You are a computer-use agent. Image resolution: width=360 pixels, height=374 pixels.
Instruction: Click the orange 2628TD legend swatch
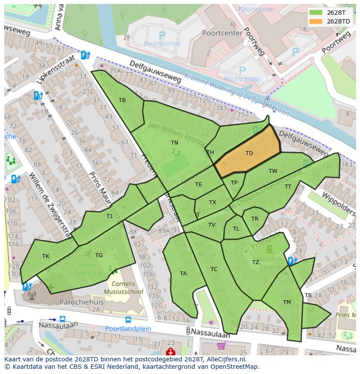click(x=316, y=21)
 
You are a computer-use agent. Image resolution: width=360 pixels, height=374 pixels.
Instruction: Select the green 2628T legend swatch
click(x=316, y=13)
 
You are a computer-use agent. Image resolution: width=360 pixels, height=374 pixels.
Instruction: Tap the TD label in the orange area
click(x=249, y=153)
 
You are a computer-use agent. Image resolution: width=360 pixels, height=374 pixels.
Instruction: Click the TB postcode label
click(x=122, y=100)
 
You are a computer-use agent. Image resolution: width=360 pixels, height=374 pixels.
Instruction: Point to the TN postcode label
click(x=174, y=142)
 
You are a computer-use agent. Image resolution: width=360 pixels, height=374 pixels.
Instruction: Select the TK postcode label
click(x=46, y=256)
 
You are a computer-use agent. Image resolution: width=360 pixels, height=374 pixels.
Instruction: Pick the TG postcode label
click(x=99, y=255)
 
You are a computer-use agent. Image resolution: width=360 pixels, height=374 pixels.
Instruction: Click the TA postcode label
click(x=183, y=274)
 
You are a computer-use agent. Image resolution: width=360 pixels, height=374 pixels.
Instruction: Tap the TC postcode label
click(x=214, y=269)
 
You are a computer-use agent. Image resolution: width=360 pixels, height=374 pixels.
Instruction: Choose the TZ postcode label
click(x=256, y=262)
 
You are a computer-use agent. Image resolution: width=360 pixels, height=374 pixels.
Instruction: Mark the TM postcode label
click(x=287, y=302)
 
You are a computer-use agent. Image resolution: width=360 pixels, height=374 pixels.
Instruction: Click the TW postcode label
click(x=273, y=171)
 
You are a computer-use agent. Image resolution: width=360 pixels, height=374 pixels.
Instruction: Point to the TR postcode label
click(x=255, y=219)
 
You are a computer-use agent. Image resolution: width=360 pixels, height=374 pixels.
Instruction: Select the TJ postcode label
click(x=109, y=216)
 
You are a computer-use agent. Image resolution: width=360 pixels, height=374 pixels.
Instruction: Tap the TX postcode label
click(x=212, y=202)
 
